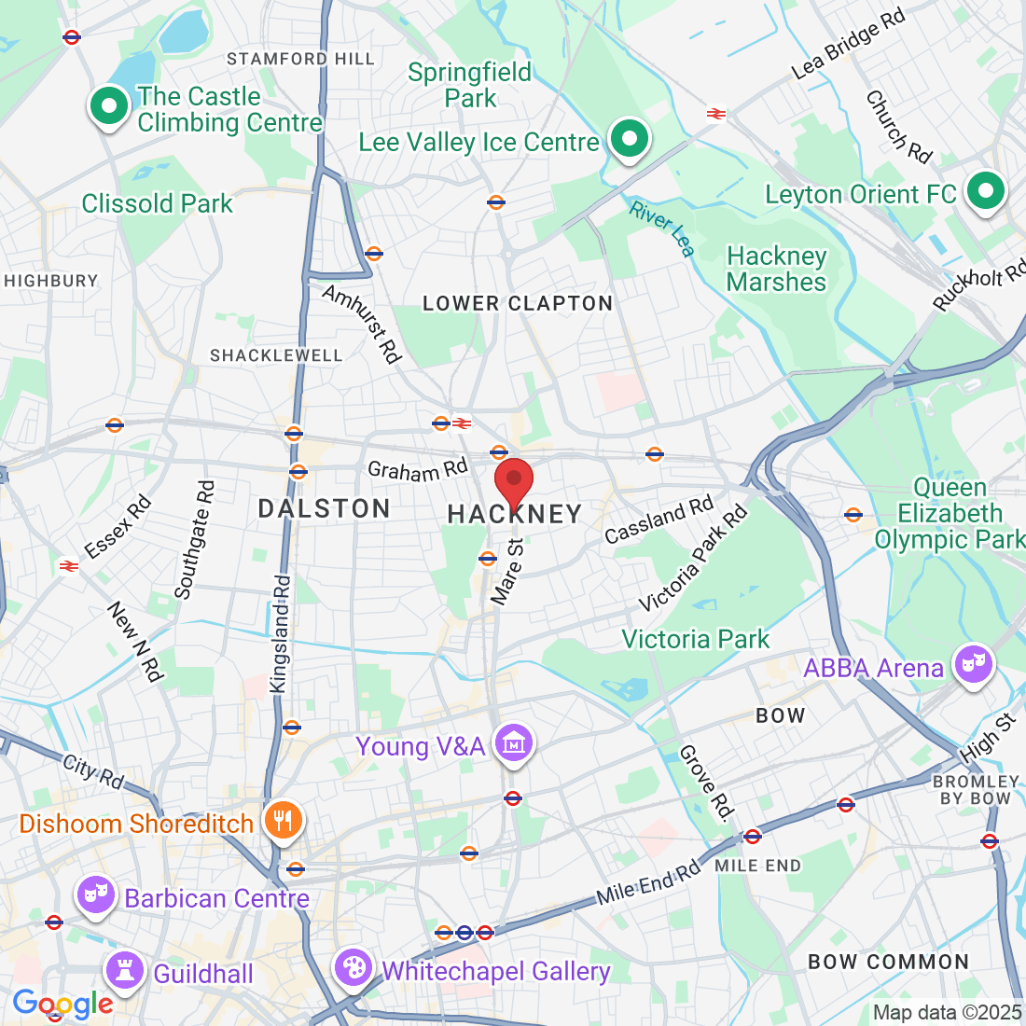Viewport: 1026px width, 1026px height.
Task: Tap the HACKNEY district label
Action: [515, 514]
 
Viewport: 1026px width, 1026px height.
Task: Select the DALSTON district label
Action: [324, 508]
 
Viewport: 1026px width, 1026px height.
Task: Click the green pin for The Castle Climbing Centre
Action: [109, 107]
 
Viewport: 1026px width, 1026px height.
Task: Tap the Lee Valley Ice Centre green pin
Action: [630, 140]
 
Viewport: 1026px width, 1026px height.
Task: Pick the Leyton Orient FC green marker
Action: [985, 192]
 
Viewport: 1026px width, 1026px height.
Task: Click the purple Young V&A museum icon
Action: [513, 744]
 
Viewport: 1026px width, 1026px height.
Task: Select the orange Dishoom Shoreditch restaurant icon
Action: [281, 821]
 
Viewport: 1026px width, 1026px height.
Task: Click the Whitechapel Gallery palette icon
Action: [354, 968]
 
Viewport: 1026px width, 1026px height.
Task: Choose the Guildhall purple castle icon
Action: [124, 971]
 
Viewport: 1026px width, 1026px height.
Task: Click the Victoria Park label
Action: [695, 639]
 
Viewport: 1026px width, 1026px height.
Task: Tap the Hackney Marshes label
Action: [776, 269]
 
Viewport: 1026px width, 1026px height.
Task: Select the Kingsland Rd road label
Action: [281, 634]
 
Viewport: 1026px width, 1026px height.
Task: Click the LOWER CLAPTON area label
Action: [518, 304]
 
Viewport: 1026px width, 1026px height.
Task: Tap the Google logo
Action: [62, 1004]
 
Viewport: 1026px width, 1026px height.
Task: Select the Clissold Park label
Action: [157, 203]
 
